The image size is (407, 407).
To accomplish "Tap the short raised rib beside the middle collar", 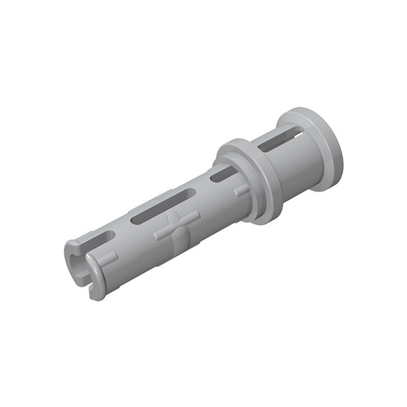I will [242, 191].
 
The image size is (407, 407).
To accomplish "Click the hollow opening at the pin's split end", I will [76, 262].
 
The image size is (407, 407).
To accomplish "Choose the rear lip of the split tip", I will [71, 249].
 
